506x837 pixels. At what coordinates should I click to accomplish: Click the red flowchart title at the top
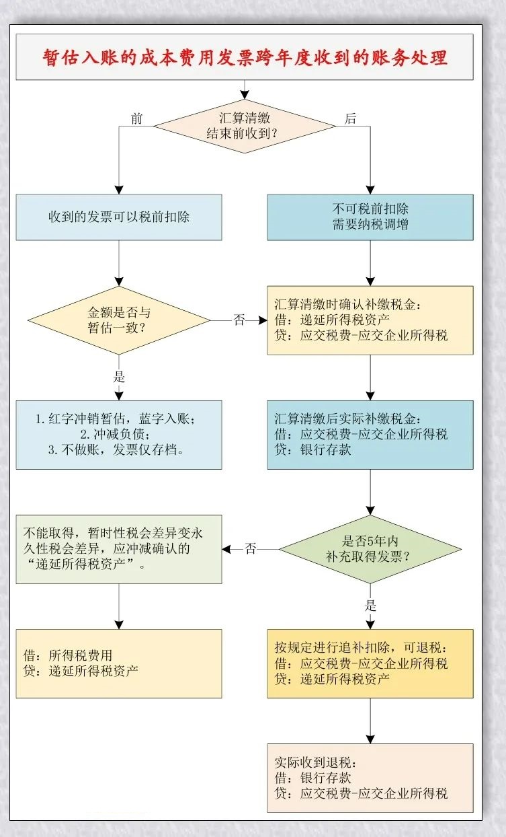point(245,57)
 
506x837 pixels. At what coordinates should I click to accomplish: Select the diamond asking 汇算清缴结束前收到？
point(244,125)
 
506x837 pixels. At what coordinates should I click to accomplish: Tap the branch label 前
point(137,119)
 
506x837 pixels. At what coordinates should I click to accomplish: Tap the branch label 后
point(350,119)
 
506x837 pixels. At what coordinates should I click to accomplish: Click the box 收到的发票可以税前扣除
point(119,217)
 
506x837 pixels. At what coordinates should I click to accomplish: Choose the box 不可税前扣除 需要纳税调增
point(370,217)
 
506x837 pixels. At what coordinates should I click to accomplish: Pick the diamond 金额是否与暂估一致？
point(118,321)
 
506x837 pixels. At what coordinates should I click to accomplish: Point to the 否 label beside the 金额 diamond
point(239,320)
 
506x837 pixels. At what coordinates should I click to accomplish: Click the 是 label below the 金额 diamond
point(120,377)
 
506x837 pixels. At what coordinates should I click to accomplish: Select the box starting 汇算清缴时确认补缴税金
point(370,320)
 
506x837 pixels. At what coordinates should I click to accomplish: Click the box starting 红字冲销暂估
point(119,435)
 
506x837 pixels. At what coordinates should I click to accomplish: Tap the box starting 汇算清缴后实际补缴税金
point(370,435)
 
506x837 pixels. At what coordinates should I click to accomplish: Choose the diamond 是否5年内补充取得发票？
point(370,549)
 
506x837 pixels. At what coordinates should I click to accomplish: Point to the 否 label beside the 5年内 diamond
point(250,549)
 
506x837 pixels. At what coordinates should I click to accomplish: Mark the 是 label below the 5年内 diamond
point(370,604)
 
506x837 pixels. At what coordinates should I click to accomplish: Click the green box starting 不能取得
point(119,549)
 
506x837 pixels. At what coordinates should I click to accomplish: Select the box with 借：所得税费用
point(119,663)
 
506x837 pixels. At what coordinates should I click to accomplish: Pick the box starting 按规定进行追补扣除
point(370,663)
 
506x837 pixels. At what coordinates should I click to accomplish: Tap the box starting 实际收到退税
point(370,778)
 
